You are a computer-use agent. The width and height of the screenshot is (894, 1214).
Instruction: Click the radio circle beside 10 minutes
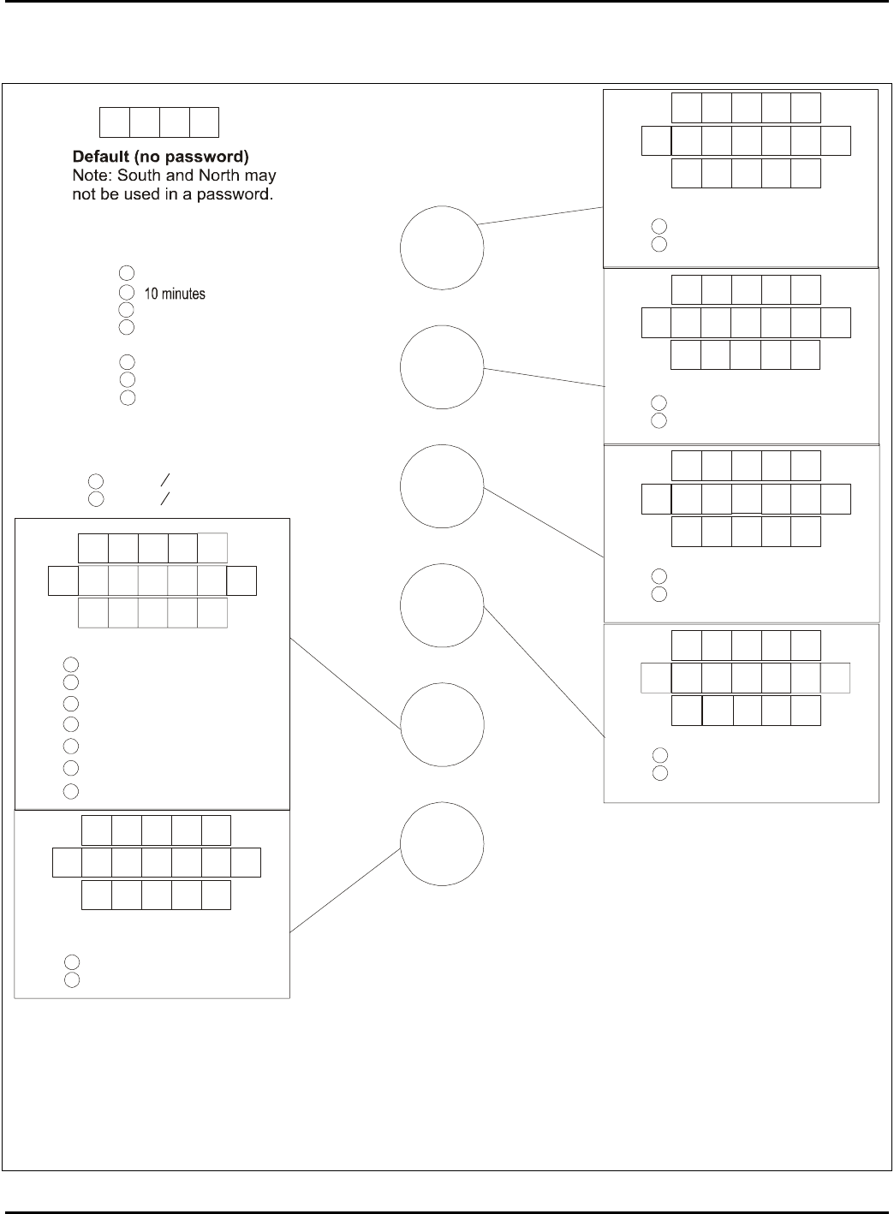pos(127,293)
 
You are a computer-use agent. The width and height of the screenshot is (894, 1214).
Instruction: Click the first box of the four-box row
pos(115,122)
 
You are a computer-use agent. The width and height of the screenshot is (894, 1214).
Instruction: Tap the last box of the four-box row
pos(204,122)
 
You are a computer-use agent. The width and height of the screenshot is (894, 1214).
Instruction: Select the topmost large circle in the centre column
pos(442,247)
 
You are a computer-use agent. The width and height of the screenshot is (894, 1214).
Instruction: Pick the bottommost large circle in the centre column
pos(442,844)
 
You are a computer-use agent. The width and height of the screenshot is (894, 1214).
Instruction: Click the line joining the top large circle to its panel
pos(540,215)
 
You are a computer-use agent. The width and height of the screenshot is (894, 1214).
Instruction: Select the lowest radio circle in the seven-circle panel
pos(72,790)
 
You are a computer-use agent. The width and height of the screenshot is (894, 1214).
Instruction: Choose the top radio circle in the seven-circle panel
pos(72,664)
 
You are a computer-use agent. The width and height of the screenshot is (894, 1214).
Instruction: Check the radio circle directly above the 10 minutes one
pos(127,273)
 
